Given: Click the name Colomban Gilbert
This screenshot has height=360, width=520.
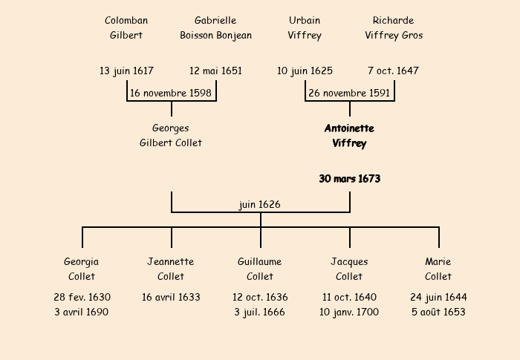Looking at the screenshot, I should coord(126,27).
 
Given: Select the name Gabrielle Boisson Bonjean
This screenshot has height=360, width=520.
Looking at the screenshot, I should coord(215,27).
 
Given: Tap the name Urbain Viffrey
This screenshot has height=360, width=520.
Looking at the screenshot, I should coord(305,27).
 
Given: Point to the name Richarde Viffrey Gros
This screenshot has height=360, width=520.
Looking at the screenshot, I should coord(394,27).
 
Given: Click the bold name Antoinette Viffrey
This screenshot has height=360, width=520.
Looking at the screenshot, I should coord(349,136).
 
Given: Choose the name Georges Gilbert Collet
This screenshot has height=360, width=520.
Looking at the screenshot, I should coord(171,135).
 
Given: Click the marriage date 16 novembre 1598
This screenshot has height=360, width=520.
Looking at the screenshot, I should coord(171,93).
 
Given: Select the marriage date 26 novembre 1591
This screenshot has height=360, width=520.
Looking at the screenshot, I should coord(349,93).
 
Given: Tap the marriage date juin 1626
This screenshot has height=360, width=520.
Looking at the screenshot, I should coord(260,204).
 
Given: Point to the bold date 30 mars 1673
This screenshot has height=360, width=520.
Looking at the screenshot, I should coord(349,179).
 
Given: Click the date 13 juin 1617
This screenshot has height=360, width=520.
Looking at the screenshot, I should coord(126,71).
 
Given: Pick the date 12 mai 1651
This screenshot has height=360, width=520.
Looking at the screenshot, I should coord(215,71).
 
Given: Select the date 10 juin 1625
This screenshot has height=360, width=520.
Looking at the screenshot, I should coord(305,71).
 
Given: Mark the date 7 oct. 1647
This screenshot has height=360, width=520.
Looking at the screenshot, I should coord(393,71).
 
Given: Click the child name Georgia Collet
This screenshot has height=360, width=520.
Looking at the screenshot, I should coord(82,269).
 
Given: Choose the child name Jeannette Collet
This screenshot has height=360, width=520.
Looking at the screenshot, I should coord(171,269).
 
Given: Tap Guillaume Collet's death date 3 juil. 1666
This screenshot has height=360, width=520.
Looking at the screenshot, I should coord(260,312).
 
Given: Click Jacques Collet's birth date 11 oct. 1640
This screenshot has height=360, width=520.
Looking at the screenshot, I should coord(349,297).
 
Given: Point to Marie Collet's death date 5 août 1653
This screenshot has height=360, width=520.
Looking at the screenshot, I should coord(438,312).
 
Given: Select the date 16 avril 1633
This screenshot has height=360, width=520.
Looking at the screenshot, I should coord(171,297).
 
